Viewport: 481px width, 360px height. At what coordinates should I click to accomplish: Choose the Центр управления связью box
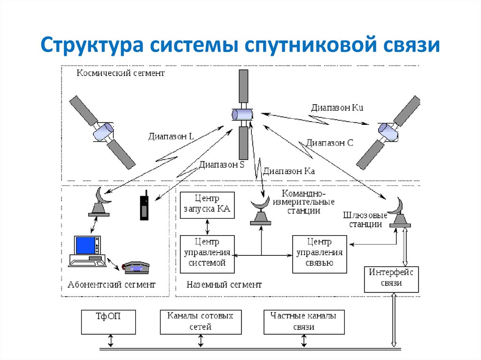point(319,254)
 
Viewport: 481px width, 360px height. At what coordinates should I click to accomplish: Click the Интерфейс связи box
point(392,279)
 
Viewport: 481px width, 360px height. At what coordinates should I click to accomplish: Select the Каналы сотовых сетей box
point(200,322)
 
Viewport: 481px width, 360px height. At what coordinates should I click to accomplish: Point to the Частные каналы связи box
point(303,322)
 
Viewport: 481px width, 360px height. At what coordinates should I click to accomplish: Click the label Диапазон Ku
point(337,107)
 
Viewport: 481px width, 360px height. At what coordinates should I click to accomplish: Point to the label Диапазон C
point(329,143)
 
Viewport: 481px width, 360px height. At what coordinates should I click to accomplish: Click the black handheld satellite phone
point(144,206)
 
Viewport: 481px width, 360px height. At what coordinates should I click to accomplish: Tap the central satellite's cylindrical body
point(242,115)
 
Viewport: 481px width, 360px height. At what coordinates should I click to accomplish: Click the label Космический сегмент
point(121,74)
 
